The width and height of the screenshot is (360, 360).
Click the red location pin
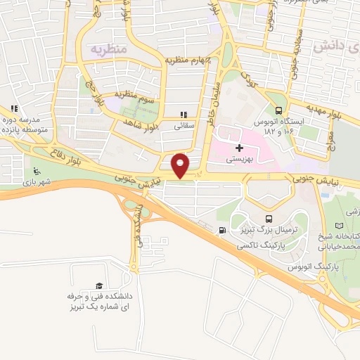pos(180,165)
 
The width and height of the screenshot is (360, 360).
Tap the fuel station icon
pos(223,231)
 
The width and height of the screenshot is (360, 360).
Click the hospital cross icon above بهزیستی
pos(240,148)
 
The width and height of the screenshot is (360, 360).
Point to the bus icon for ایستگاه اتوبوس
pos(280,110)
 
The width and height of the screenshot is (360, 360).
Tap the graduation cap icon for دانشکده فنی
pos(99,285)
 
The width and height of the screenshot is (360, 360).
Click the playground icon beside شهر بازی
pos(37,172)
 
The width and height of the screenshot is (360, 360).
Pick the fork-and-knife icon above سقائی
pos(184,115)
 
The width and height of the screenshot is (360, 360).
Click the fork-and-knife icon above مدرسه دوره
pos(13,108)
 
